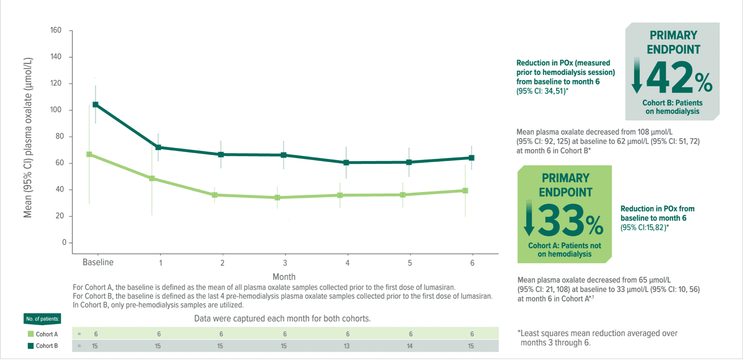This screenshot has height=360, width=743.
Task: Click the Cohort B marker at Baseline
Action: point(95,105)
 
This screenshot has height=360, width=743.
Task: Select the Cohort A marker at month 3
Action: point(277,198)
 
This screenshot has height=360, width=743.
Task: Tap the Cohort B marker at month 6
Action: point(472,158)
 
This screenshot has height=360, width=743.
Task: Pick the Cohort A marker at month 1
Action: point(152,178)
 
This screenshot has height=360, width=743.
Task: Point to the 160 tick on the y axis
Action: point(56,30)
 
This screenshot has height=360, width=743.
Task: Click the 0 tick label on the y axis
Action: point(64,242)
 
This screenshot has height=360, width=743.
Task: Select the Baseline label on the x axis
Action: point(98,263)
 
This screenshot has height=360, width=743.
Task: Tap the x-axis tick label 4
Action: point(348,263)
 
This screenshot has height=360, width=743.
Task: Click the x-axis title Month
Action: point(284,277)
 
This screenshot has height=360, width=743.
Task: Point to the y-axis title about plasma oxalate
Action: point(28,138)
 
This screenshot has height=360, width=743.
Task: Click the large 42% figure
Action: point(678,78)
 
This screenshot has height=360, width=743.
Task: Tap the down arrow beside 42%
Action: point(637,76)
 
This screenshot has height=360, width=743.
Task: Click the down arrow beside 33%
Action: point(529,218)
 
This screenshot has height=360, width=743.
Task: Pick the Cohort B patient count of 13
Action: point(347,346)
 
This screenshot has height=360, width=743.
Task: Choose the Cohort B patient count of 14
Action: point(410,346)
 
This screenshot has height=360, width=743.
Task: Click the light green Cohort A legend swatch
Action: point(31,334)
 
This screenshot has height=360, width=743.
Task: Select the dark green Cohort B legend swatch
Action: point(31,346)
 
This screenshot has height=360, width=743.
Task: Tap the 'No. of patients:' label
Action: point(42,319)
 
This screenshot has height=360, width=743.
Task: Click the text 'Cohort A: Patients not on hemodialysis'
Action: point(565,250)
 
